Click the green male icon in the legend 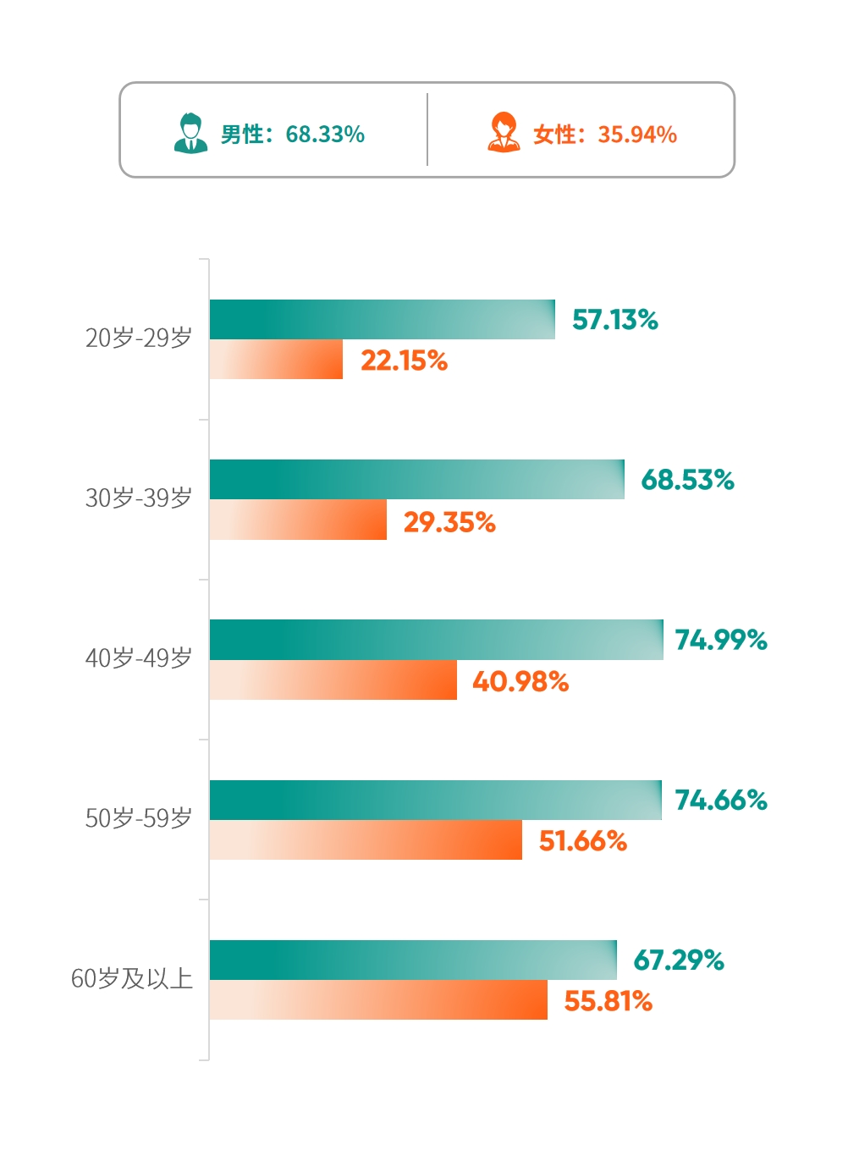[190, 133]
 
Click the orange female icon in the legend [504, 133]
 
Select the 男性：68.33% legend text [292, 135]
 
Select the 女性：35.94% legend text [604, 135]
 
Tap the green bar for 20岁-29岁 [382, 319]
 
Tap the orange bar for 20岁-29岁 [276, 360]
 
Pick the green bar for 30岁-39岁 [416, 479]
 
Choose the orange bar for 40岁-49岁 [333, 680]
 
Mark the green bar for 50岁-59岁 [435, 800]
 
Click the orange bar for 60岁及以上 [378, 1000]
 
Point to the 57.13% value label [615, 320]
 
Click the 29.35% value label [449, 522]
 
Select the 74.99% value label [721, 640]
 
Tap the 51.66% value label [583, 841]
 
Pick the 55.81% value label [608, 1001]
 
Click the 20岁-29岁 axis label [139, 338]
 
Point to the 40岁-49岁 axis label [139, 658]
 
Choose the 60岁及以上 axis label [132, 979]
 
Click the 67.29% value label [679, 960]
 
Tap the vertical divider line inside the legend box [427, 129]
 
